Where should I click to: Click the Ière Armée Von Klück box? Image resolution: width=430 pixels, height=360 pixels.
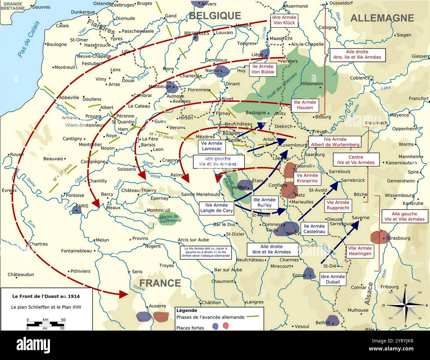284,20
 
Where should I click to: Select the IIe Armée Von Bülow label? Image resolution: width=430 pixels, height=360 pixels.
263,69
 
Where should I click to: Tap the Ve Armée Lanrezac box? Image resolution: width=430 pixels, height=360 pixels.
212,146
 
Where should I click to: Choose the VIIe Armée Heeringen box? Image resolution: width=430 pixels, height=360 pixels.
360,251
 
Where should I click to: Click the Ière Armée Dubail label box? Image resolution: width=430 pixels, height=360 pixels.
332,279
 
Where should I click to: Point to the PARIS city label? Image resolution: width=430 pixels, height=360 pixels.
82,206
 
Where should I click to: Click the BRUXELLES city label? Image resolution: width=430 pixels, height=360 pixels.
196,33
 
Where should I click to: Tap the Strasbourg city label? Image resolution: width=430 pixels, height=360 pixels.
398,238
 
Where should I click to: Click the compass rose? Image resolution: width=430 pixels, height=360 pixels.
406,305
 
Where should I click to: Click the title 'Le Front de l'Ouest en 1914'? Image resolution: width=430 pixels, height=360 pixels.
46,296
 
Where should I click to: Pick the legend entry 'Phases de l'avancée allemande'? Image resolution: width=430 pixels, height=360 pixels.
210,317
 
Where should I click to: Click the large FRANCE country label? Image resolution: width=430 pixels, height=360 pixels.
160,283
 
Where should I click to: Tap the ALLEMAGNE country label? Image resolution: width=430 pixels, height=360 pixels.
382,18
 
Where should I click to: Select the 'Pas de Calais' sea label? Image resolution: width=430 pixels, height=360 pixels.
28,39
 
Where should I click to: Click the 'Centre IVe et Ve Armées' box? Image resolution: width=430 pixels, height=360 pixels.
356,160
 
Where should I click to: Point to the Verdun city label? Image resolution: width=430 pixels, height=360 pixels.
239,187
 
